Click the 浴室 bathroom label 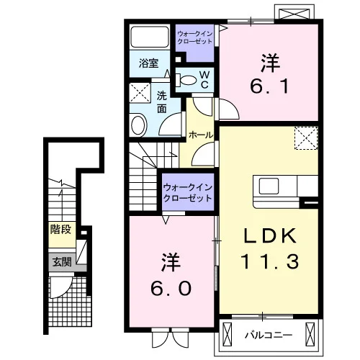[148, 63]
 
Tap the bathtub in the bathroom [150, 37]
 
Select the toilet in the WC [186, 80]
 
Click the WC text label [204, 80]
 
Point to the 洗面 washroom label [162, 102]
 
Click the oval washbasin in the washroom [138, 125]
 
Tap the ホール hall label [201, 135]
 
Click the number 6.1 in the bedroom [269, 86]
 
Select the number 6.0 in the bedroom [171, 288]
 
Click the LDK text [270, 236]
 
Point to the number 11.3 [271, 261]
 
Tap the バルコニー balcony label [269, 335]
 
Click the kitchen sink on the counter [269, 186]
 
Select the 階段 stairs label [60, 230]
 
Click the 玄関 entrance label [62, 262]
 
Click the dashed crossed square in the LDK [306, 138]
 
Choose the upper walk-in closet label [195, 37]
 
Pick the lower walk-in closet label [188, 192]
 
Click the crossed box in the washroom [140, 92]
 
